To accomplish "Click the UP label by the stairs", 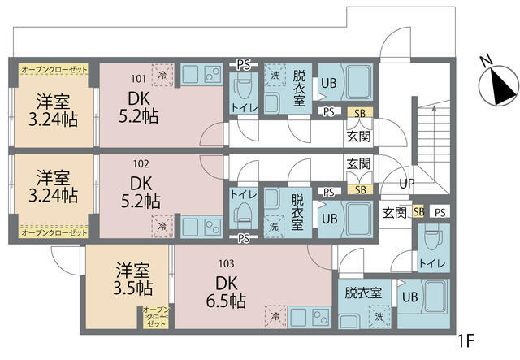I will (406, 184).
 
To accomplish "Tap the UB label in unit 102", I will (329, 219).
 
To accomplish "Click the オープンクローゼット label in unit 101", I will (54, 71).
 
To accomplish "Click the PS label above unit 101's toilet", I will (242, 63).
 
